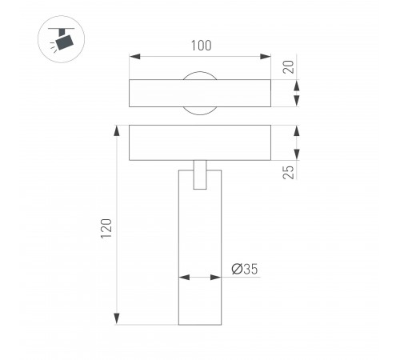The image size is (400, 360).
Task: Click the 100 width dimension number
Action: pos(202,46)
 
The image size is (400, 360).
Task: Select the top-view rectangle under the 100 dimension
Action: pos(200,94)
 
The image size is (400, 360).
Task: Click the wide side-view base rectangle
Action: pos(200,142)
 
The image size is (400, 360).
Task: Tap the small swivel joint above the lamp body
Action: pos(200,175)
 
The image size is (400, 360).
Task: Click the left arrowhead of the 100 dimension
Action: pos(134,56)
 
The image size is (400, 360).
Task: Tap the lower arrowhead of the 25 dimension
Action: pos(298,157)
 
